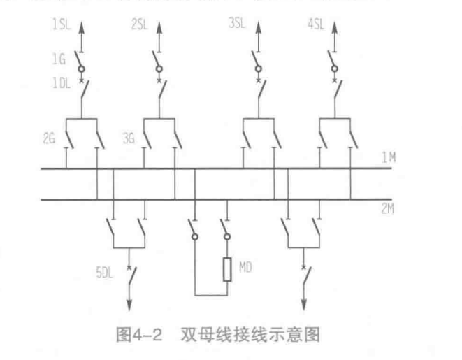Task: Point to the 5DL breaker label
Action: pos(106,268)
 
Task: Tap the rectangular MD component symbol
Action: pos(226,268)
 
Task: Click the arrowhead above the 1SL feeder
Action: pos(80,28)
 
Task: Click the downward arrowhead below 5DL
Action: pos(129,302)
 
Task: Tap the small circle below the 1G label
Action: pos(80,69)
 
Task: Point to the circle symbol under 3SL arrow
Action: pos(258,69)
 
